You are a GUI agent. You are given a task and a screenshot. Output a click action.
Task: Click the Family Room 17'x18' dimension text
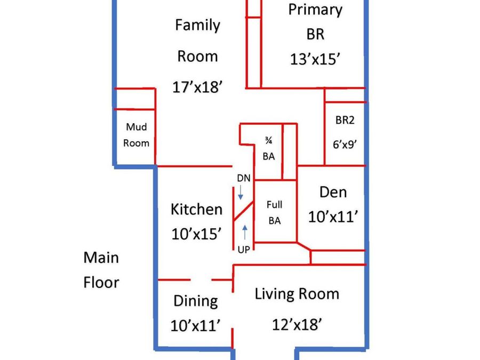pos(197,87)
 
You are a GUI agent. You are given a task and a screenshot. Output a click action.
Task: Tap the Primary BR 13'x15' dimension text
pos(315,59)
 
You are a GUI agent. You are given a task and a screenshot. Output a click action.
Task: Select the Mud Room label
pos(136,135)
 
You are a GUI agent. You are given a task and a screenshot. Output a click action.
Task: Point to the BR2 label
pos(345,119)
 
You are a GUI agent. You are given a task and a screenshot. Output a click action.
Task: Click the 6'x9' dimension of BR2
pos(345,144)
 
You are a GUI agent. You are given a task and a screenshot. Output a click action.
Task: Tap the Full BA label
pos(274,212)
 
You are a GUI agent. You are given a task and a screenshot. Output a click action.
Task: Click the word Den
pos(333,192)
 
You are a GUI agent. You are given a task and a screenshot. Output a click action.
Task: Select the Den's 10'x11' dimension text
pos(333,217)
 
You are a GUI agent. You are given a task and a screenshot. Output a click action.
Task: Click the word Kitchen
pos(196,210)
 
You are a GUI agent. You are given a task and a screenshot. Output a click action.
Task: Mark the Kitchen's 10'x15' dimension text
pos(196,234)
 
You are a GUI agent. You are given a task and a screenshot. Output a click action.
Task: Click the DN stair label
pos(244,178)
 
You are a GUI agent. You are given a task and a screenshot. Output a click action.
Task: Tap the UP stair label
pos(244,250)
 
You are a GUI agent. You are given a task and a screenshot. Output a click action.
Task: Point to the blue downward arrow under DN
pos(241,193)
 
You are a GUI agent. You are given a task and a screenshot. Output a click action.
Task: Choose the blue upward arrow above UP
pos(245,233)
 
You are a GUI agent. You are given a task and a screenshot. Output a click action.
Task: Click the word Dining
pos(196,301)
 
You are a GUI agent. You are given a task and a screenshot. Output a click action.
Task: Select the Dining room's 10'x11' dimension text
pos(196,325)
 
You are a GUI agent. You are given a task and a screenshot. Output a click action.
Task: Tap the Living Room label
pos(297,294)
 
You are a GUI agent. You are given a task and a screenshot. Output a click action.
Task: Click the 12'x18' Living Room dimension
pos(297,324)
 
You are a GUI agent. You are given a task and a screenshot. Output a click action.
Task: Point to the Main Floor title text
pos(101,270)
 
